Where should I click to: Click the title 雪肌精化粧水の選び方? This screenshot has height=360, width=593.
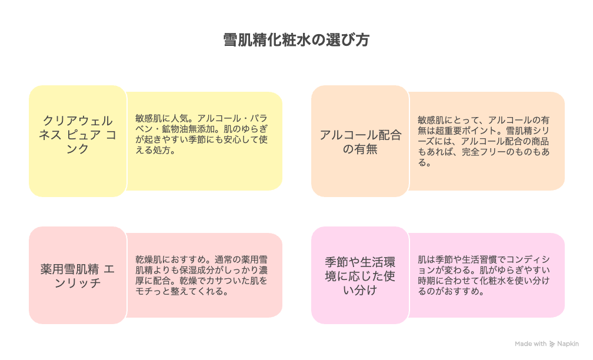296,40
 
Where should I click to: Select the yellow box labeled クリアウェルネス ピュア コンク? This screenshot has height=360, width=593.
78,135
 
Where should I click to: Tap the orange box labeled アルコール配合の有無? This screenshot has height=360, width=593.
360,142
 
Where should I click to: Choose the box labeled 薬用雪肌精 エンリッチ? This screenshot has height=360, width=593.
78,275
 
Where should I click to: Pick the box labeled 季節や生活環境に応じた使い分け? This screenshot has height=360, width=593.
360,275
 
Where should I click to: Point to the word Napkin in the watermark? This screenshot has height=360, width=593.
568,344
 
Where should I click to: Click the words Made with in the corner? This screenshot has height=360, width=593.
531,344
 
